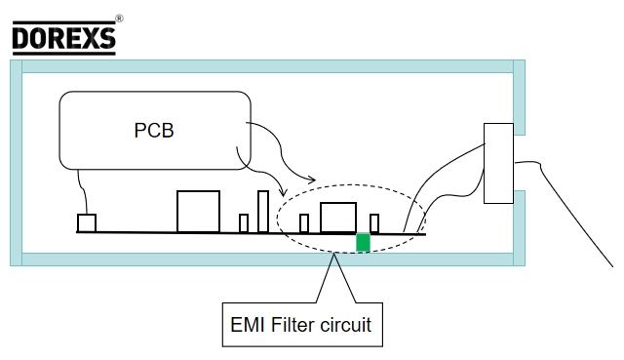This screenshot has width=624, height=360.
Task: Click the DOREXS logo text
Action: pos(62,36)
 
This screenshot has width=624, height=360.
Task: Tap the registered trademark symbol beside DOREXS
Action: pos(119,19)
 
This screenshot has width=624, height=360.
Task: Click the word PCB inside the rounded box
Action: pos(154,130)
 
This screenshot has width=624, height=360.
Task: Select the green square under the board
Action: pos(364,242)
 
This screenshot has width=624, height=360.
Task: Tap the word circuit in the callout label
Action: pos(346,325)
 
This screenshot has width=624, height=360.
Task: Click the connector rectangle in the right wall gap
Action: pos(498,164)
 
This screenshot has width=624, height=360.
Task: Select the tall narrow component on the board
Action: pos(262,212)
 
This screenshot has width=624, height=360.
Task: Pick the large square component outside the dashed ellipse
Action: pos(198,212)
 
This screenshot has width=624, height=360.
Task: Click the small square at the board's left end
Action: pos(87,223)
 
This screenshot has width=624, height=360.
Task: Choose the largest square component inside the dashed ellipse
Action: pos(338,218)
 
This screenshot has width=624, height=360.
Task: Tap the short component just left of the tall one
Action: pos(244,223)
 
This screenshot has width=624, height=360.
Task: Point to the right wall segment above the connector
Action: pos(519,98)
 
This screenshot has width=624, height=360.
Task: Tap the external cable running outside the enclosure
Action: pos(575,215)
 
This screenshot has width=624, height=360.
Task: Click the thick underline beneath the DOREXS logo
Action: pos(62,52)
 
